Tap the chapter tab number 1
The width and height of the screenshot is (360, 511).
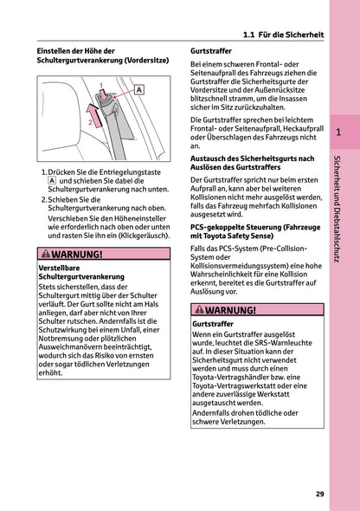point(338,133)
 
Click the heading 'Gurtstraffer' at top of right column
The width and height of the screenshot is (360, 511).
point(209,52)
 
